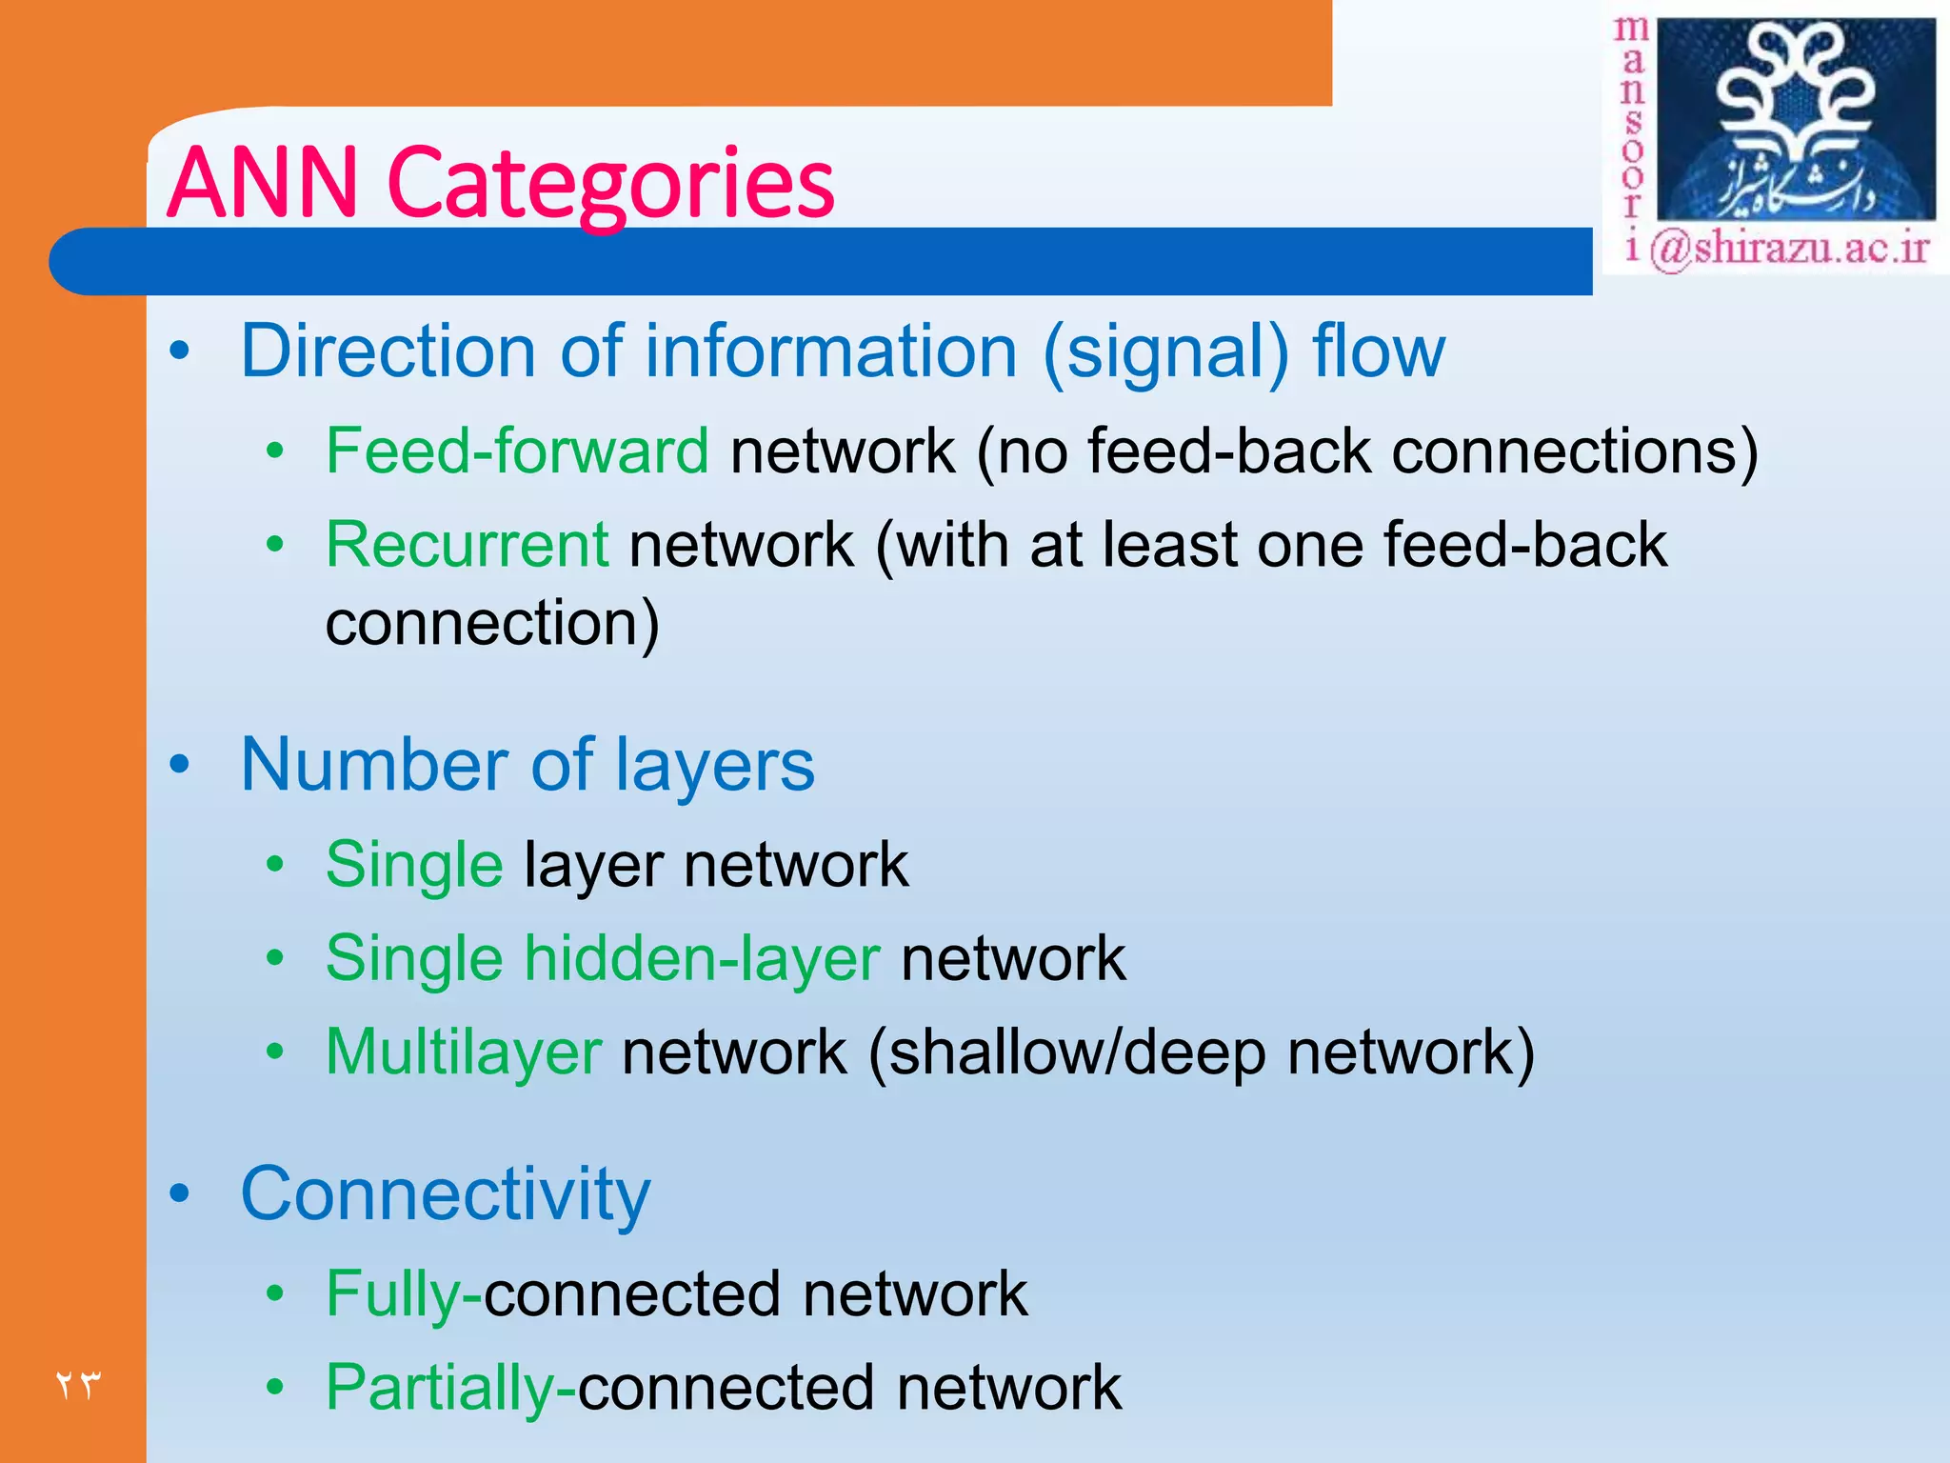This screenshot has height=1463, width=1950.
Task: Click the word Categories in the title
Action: click(611, 183)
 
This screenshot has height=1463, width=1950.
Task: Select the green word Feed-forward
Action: click(517, 451)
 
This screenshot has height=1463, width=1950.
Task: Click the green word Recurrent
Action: click(467, 545)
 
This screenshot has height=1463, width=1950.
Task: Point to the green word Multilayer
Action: click(463, 1052)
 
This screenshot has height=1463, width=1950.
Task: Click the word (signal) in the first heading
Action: click(1165, 351)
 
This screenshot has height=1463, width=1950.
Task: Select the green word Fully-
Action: click(404, 1294)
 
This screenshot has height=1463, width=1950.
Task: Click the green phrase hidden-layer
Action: click(702, 958)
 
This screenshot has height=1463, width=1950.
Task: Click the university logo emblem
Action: click(1796, 119)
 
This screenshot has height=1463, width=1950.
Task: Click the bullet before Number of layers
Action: click(180, 765)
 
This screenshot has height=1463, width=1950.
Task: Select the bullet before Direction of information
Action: click(180, 351)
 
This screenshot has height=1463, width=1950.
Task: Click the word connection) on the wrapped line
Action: click(492, 624)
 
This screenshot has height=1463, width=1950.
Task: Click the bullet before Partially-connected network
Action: click(275, 1388)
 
